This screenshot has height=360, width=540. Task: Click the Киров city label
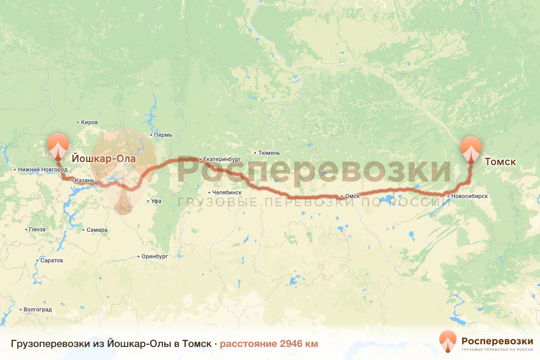(89, 122)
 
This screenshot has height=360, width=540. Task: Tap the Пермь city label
(163, 135)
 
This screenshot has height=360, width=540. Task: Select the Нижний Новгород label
(43, 170)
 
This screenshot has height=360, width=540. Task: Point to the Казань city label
(85, 180)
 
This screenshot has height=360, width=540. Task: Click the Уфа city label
(156, 201)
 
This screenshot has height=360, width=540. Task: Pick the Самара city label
(97, 230)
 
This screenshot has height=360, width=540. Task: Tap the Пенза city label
(37, 229)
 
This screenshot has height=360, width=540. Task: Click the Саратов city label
(51, 261)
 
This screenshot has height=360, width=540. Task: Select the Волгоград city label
(37, 310)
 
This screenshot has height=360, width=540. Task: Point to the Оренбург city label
(154, 256)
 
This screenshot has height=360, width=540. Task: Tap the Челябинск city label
(227, 192)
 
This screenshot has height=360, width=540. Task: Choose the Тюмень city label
(269, 153)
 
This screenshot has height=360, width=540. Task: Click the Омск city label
(352, 196)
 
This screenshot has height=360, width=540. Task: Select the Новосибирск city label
(469, 196)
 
